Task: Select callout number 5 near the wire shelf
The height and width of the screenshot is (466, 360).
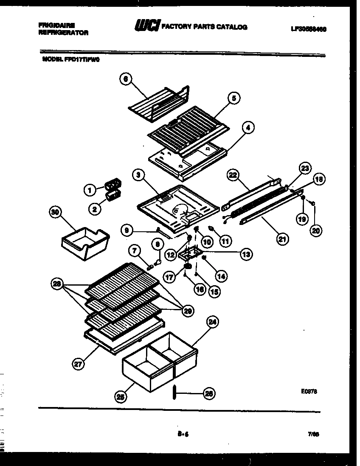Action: coord(233,98)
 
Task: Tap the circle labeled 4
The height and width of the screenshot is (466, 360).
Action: coord(248,127)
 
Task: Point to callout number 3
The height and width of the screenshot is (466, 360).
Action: coord(137,174)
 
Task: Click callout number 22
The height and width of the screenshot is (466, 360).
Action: coord(233,174)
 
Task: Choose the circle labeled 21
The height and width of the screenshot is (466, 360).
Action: coord(281,239)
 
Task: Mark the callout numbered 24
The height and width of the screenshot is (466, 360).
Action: coord(212,323)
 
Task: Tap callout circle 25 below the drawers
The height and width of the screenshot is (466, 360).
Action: coord(121,397)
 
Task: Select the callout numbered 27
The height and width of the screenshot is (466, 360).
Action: coord(78,364)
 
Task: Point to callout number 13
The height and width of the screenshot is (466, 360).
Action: coord(245,254)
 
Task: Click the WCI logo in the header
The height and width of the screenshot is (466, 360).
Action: coord(146,27)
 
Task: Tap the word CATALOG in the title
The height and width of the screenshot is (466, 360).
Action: coord(231,27)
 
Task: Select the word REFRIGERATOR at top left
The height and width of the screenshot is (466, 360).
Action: coord(63,32)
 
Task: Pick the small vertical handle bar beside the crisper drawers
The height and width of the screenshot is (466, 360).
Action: coord(174,393)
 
